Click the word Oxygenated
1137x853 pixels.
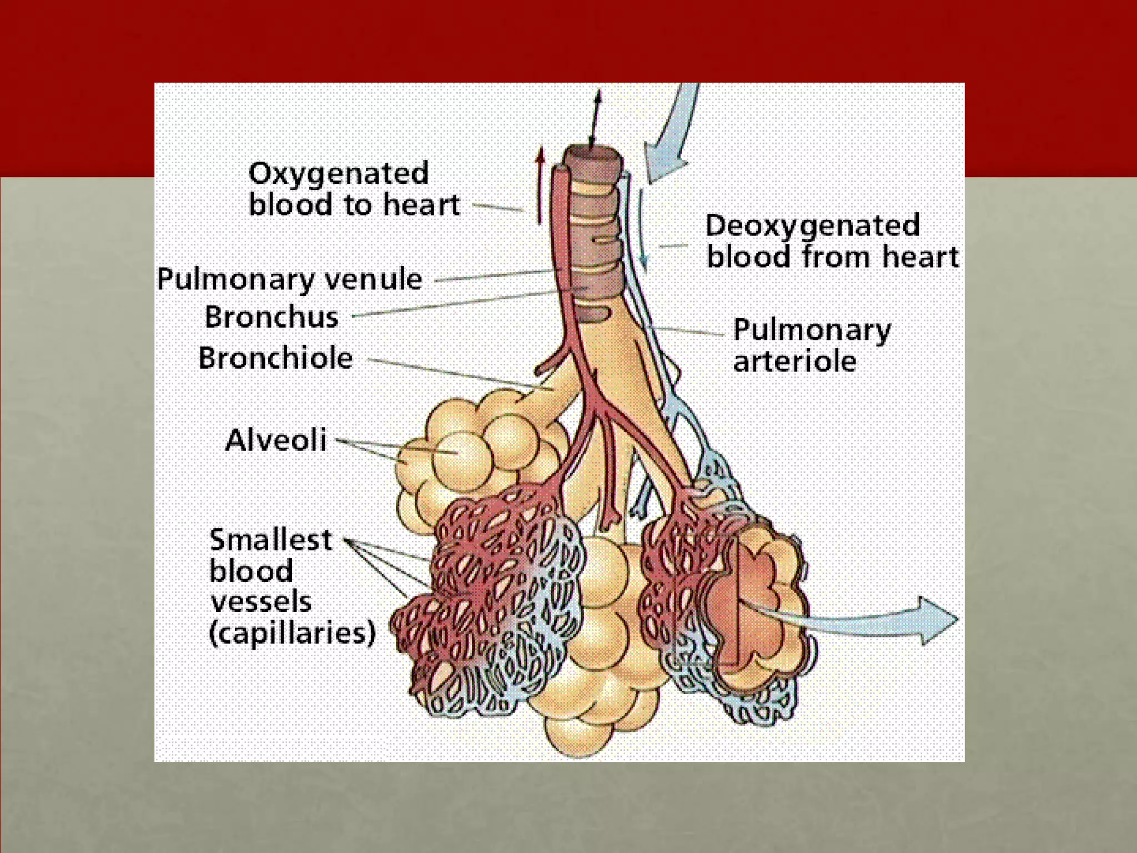coord(339,174)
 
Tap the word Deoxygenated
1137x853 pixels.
coord(812,226)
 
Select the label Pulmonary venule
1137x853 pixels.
coord(289,279)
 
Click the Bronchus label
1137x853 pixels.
coord(271,317)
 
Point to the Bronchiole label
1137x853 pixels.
coord(275,358)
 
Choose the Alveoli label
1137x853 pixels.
coord(276,440)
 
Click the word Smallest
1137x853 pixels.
coord(270,540)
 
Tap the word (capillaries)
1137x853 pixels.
coord(292,633)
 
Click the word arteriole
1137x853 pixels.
coord(794,362)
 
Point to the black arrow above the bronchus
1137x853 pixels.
coord(595,119)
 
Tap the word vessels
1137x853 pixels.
coord(261,602)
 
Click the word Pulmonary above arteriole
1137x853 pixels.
coord(812,330)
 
